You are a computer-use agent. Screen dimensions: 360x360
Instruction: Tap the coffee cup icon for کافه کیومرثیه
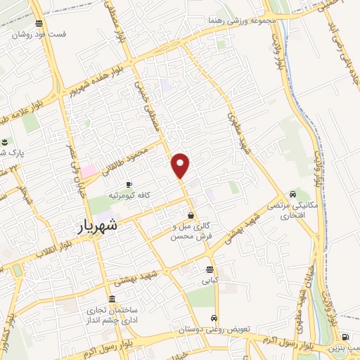click(x=129, y=184)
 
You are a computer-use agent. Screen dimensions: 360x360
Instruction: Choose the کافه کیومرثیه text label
click(x=128, y=194)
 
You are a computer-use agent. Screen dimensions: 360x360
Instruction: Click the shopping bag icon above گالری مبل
click(x=191, y=216)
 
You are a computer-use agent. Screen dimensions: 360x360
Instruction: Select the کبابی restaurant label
click(x=210, y=280)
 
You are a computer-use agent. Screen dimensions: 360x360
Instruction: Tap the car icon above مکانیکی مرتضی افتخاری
click(x=292, y=194)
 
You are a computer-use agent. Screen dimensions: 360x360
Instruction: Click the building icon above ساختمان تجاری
click(x=112, y=300)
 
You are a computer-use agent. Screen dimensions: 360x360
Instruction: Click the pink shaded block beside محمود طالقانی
click(x=89, y=172)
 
